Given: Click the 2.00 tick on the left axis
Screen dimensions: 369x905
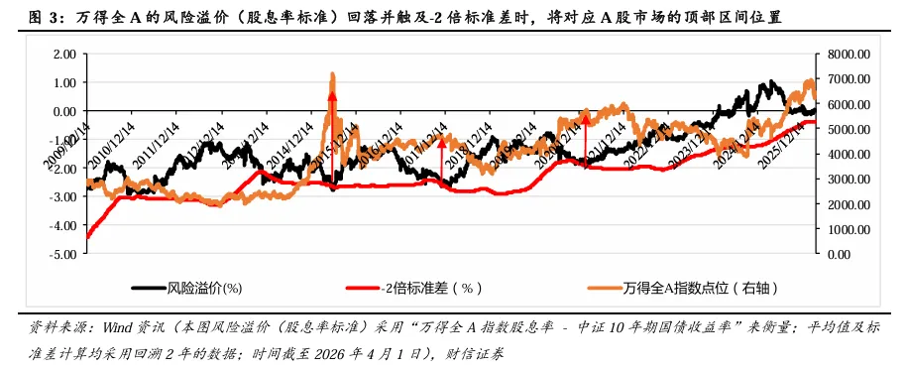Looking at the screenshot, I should tap(62, 55).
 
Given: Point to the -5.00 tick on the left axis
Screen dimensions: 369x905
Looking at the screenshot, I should tap(60, 254).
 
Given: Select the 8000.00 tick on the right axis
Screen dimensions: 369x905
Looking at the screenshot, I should tap(848, 55).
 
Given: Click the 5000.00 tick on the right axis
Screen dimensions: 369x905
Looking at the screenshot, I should tap(848, 129).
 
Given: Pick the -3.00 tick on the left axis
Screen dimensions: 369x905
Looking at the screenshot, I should tap(60, 197).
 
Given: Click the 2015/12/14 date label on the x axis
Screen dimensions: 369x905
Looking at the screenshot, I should tap(338, 145).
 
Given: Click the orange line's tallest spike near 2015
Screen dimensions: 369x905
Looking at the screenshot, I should tap(332, 74).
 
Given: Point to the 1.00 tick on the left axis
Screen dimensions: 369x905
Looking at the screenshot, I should tap(62, 83).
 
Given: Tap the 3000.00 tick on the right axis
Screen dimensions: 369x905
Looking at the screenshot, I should tap(848, 179).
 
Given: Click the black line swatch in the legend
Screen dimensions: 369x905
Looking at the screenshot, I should tap(148, 289).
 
